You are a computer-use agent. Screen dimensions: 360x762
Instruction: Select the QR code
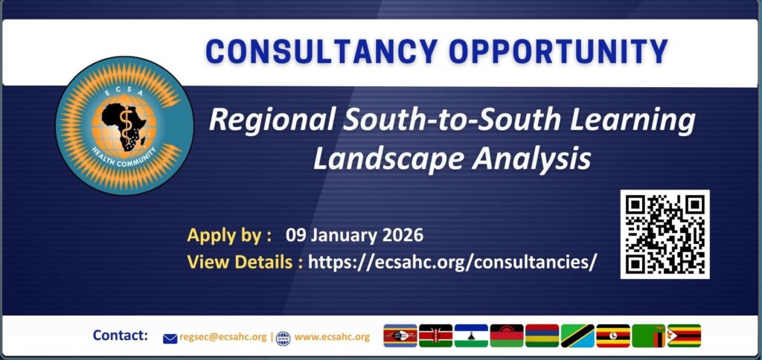665,234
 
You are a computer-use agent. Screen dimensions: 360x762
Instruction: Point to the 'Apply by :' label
229,236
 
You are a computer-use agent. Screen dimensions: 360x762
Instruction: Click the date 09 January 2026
354,236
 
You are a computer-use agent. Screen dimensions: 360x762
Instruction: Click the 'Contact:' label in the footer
121,335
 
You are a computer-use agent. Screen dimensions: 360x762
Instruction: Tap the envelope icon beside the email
170,338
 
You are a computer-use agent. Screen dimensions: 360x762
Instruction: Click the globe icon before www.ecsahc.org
283,338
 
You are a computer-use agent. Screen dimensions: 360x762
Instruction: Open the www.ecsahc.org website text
332,337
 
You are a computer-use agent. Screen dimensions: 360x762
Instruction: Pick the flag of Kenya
435,336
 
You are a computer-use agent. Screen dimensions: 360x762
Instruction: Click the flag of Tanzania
577,336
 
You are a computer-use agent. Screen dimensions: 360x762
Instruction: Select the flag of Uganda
613,336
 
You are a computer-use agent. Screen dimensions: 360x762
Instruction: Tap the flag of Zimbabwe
684,336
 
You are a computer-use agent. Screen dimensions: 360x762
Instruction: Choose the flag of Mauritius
542,336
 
